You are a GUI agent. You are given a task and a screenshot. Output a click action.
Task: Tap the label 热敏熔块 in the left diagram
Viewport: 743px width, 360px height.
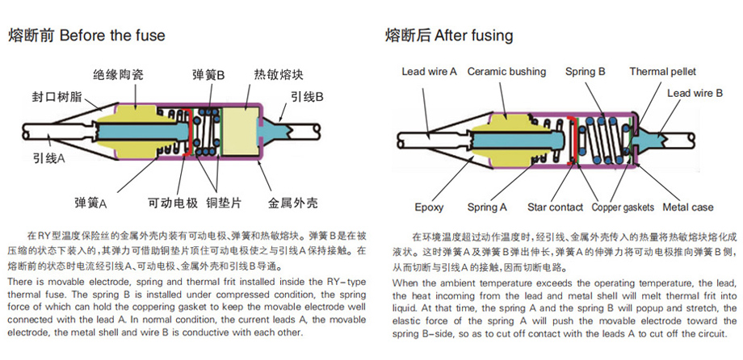279,74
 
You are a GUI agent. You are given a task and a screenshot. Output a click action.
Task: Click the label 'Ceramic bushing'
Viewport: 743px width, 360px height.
506,72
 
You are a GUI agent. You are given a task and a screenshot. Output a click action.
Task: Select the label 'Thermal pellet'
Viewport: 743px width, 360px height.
662,72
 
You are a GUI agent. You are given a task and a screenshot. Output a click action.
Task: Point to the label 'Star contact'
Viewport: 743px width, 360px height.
555,207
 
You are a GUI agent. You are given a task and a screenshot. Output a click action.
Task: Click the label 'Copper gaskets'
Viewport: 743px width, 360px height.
622,207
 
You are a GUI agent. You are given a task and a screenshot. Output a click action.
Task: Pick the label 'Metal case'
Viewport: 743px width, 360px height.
688,207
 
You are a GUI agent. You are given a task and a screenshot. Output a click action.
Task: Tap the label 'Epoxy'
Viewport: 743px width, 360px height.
429,207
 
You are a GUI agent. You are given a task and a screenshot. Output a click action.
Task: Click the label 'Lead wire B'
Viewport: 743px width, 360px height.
695,93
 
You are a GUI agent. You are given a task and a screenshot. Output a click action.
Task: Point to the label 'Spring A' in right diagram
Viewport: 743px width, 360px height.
489,207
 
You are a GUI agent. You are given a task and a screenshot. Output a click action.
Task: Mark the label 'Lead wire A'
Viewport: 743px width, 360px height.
430,72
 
